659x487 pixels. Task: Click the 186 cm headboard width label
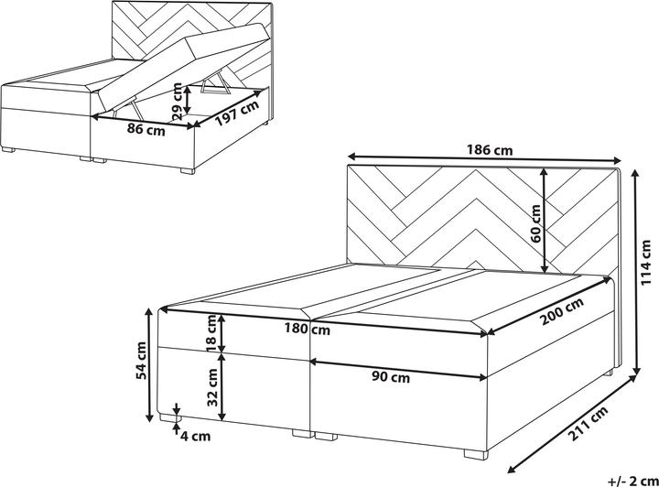coord(490,149)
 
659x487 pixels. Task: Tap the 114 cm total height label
coord(647,263)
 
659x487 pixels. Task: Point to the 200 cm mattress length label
coord(562,311)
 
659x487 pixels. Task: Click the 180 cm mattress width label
coord(308,329)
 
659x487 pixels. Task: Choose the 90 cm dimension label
coord(391,377)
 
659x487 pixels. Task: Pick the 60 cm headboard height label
coord(535,223)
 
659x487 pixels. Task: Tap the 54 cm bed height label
coord(142,361)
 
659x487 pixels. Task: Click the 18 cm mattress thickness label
coord(211,333)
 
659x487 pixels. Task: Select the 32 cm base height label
coord(213,387)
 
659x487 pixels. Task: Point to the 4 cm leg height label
coord(195,437)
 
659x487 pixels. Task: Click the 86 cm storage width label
coord(146,130)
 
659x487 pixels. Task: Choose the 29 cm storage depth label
coord(178,102)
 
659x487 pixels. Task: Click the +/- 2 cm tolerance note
coord(632,481)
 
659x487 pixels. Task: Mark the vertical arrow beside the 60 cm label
coord(545,221)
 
